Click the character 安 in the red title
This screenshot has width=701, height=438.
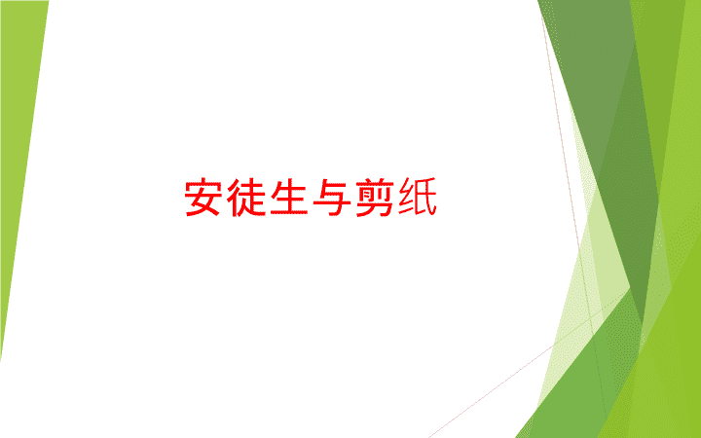pyautogui.click(x=203, y=197)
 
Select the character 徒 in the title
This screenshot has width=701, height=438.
pyautogui.click(x=245, y=197)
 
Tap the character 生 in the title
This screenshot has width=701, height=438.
pyautogui.click(x=289, y=197)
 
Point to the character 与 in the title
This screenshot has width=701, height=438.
pyautogui.click(x=332, y=197)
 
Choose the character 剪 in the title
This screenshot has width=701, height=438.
pyautogui.click(x=375, y=197)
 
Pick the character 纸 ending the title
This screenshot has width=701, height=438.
pyautogui.click(x=418, y=197)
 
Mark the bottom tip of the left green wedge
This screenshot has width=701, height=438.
pyautogui.click(x=0, y=360)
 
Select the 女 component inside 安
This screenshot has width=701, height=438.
pyautogui.click(x=203, y=203)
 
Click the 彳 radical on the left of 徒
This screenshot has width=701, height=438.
pyautogui.click(x=234, y=198)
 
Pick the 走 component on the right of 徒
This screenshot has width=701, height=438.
pyautogui.click(x=252, y=198)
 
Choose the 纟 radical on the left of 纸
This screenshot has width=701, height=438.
pyautogui.click(x=407, y=197)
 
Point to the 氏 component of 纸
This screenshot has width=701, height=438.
pyautogui.click(x=425, y=198)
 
